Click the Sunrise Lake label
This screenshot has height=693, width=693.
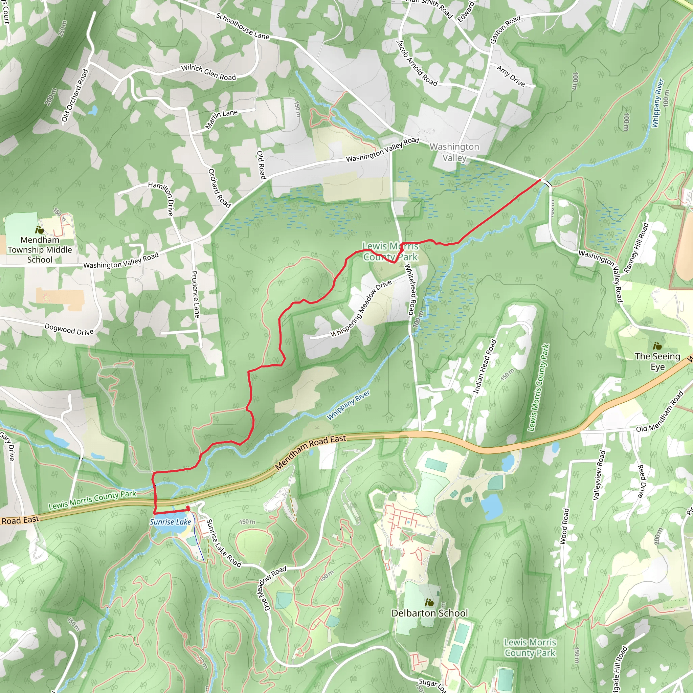click(x=171, y=522)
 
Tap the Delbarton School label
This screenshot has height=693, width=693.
click(x=429, y=613)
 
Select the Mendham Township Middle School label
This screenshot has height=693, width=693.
click(x=40, y=250)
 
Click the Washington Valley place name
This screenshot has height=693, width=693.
click(x=454, y=152)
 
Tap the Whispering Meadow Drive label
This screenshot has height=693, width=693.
click(x=361, y=309)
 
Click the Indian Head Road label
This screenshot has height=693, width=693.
click(x=485, y=366)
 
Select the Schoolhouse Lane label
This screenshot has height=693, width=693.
click(x=243, y=26)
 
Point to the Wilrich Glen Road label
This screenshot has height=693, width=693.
click(x=208, y=72)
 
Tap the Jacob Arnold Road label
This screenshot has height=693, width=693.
click(x=417, y=63)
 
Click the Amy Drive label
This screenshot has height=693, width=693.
click(x=511, y=76)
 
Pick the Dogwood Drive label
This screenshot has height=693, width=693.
click(x=69, y=329)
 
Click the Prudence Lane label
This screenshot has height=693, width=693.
click(x=195, y=294)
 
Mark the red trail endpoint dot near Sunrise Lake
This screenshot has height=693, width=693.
click(x=187, y=508)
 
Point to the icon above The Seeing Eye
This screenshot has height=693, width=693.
click(x=657, y=346)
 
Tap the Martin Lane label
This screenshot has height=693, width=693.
click(x=221, y=119)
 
